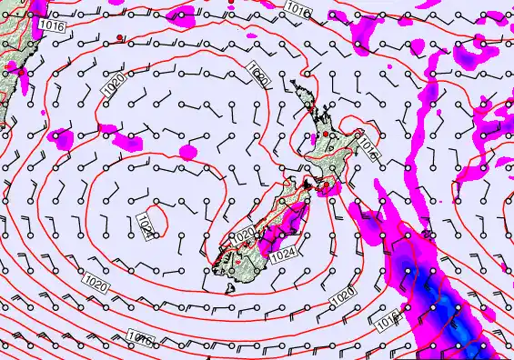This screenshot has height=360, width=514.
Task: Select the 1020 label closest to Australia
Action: (114, 85)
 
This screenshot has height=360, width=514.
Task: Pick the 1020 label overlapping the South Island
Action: (244, 235)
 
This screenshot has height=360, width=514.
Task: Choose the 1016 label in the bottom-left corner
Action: (138, 338)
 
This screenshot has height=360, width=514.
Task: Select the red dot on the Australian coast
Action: (14, 67)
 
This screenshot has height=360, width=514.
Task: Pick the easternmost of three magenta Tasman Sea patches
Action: (187, 150)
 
